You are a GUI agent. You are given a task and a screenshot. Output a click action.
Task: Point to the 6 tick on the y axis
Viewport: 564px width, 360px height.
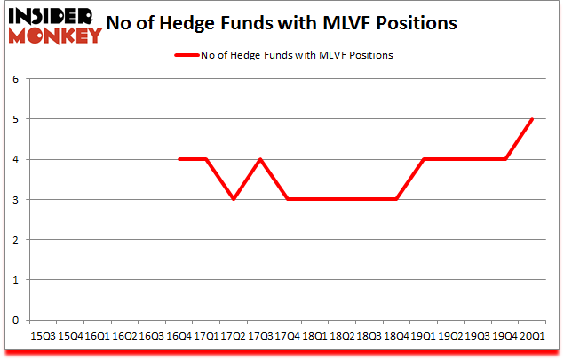pyautogui.click(x=16, y=79)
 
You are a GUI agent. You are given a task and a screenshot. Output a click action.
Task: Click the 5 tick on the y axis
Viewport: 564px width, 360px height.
pyautogui.click(x=16, y=119)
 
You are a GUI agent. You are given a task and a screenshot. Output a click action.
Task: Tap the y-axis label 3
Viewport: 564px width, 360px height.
pyautogui.click(x=16, y=200)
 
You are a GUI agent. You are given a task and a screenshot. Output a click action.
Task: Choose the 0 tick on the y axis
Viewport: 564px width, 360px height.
pyautogui.click(x=16, y=320)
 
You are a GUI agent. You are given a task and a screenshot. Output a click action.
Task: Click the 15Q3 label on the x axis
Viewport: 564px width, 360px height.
pyautogui.click(x=42, y=336)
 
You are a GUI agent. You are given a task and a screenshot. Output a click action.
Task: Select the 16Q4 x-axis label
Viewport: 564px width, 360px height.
pyautogui.click(x=179, y=336)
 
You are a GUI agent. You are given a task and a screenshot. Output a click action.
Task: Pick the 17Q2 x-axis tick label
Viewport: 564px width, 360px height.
pyautogui.click(x=234, y=336)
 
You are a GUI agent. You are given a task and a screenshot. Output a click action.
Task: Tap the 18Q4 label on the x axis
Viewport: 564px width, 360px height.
pyautogui.click(x=397, y=336)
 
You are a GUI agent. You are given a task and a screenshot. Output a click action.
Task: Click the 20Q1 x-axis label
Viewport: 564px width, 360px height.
pyautogui.click(x=533, y=336)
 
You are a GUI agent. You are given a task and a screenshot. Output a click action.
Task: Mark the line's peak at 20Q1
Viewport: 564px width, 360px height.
pyautogui.click(x=533, y=119)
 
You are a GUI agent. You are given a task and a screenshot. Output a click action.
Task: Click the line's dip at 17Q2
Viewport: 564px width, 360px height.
pyautogui.click(x=234, y=199)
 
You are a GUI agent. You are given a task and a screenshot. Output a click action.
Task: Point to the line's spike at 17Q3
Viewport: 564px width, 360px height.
pyautogui.click(x=261, y=159)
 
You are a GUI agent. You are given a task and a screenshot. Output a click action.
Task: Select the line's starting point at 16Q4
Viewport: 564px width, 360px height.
pyautogui.click(x=179, y=159)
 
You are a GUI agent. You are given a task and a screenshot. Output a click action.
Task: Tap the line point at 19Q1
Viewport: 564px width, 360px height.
pyautogui.click(x=425, y=159)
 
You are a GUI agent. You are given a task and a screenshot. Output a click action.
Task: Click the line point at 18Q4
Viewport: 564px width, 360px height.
pyautogui.click(x=397, y=199)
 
